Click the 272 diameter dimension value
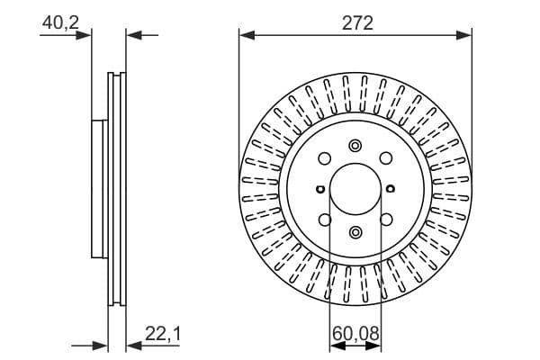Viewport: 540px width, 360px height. click(x=356, y=23)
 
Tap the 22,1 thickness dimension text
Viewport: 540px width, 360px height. click(x=163, y=335)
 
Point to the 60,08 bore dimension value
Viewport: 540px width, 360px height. click(x=355, y=335)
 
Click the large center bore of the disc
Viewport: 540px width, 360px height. click(x=355, y=190)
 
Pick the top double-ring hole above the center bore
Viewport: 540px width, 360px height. click(x=355, y=147)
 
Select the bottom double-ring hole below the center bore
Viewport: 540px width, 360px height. click(x=355, y=233)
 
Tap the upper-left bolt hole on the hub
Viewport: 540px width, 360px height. click(x=325, y=159)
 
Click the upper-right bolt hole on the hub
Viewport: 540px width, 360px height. click(x=386, y=159)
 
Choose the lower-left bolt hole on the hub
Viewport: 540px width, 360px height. click(x=325, y=220)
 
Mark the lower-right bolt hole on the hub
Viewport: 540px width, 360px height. click(x=386, y=220)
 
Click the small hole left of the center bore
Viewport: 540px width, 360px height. click(x=320, y=190)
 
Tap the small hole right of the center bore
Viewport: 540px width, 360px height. click(x=391, y=190)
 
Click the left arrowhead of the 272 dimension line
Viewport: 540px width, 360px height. click(x=246, y=36)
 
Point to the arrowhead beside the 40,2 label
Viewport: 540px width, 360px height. click(x=85, y=36)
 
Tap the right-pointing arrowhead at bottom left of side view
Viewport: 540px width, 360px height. click(x=101, y=344)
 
